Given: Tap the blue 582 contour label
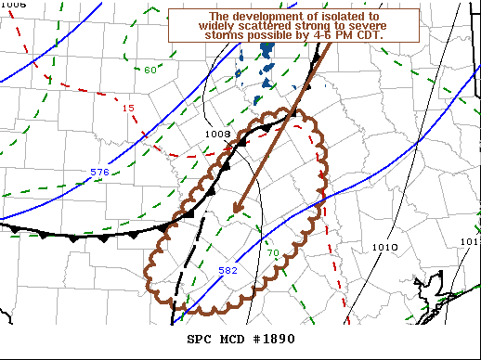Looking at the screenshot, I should [x=228, y=270].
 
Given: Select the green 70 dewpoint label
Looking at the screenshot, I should [x=272, y=253].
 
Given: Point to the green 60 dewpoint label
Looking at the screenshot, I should [x=150, y=70].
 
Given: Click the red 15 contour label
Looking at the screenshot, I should [x=128, y=109].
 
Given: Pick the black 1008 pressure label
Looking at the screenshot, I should [x=217, y=134].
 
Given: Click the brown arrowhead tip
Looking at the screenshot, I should [x=235, y=212].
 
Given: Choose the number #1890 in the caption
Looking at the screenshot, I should [x=275, y=339].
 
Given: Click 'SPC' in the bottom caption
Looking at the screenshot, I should [x=201, y=339].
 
